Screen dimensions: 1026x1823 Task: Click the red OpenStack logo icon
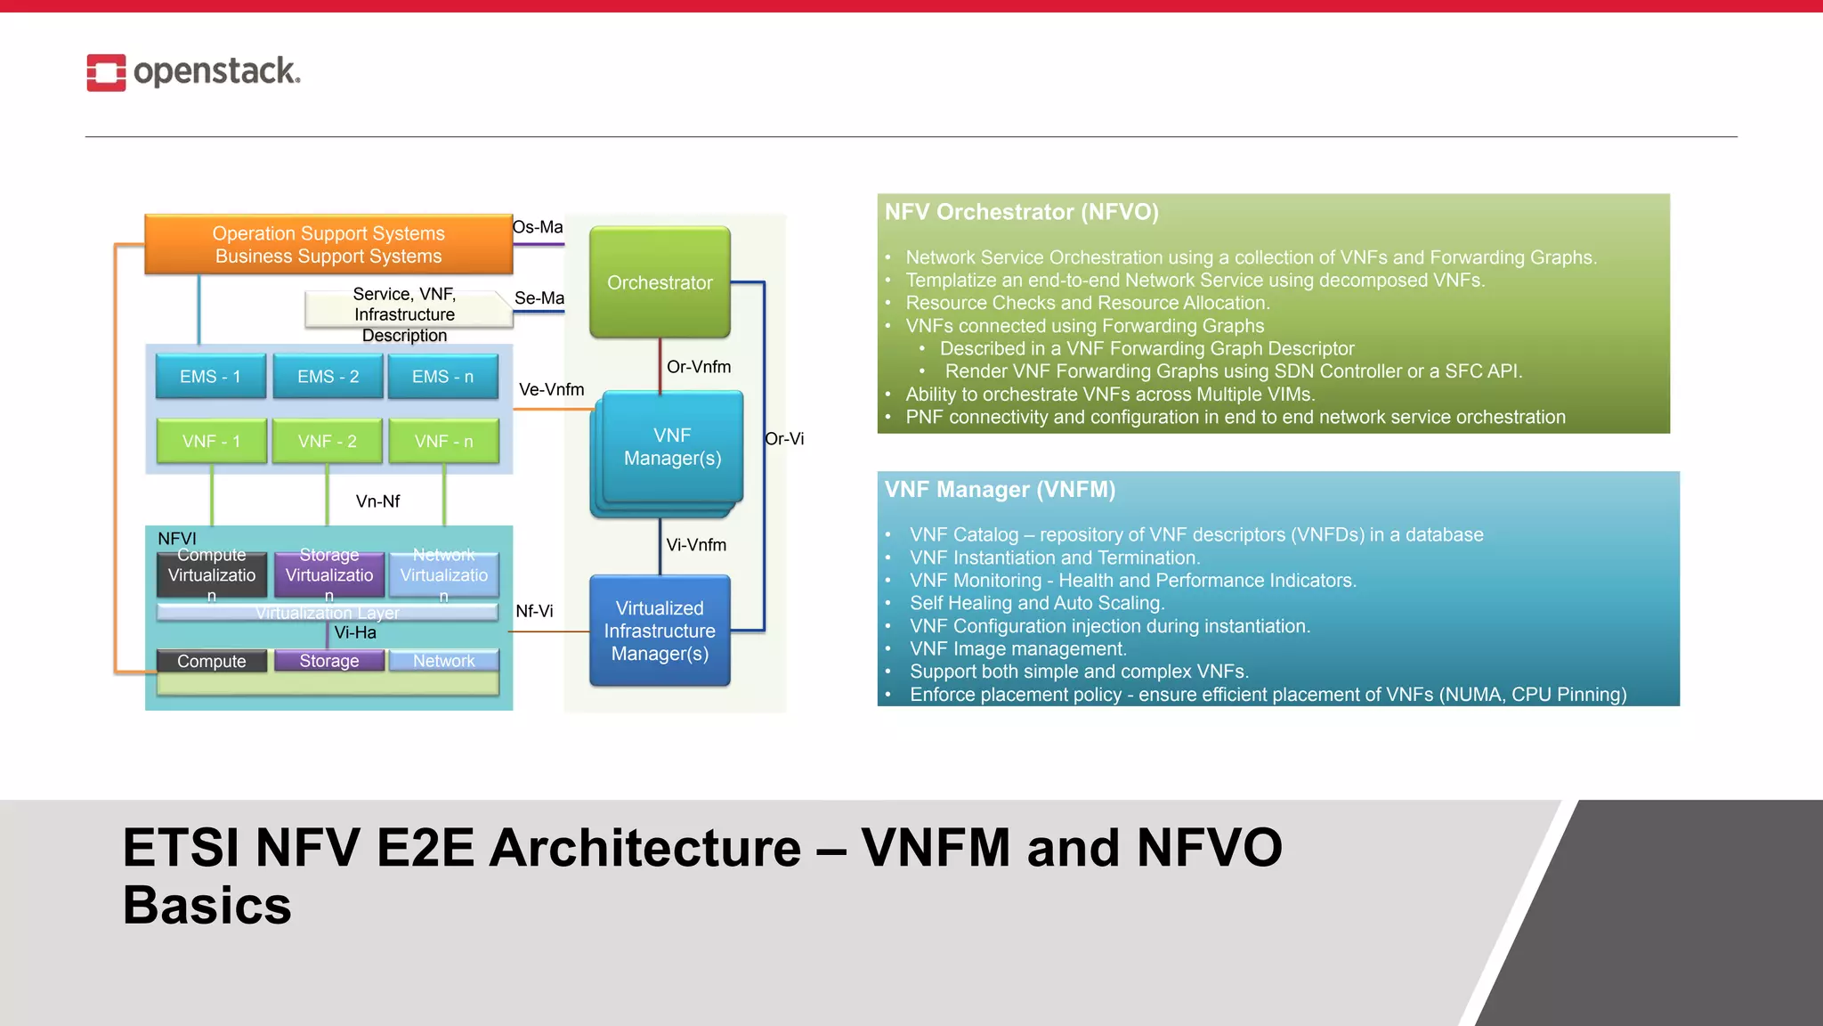click(x=106, y=72)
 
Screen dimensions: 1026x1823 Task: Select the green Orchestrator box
click(x=660, y=282)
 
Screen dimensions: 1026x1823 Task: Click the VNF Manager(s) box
click(x=672, y=446)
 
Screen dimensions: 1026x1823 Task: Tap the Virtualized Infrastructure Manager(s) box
click(x=660, y=631)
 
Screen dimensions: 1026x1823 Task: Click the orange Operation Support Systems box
click(x=328, y=244)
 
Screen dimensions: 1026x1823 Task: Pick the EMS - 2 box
click(x=328, y=377)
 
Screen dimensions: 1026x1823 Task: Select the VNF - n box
click(x=443, y=442)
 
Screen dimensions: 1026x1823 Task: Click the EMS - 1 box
click(x=210, y=377)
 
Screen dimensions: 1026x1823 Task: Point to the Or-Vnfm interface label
click(x=699, y=367)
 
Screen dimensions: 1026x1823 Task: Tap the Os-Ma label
click(x=538, y=227)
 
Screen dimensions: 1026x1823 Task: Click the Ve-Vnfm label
click(x=551, y=389)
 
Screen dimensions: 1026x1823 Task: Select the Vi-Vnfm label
click(x=696, y=545)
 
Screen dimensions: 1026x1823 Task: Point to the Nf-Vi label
click(x=534, y=611)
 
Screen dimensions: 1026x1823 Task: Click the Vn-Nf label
click(x=377, y=501)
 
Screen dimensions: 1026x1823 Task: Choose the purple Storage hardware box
click(x=329, y=661)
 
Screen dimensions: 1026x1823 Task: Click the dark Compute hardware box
click(x=211, y=661)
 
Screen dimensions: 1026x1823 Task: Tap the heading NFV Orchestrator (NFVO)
click(x=1021, y=212)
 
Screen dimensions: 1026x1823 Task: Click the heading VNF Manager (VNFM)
click(x=1000, y=490)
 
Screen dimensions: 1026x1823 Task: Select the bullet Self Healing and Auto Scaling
click(x=1036, y=603)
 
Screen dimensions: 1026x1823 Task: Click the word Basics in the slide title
click(x=207, y=906)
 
